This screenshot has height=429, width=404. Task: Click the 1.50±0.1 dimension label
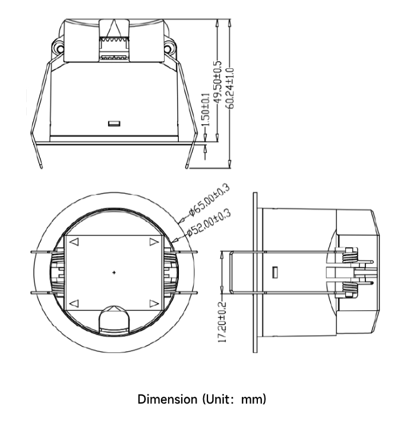coord(206,111)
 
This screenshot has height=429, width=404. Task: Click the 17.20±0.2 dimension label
coord(222,321)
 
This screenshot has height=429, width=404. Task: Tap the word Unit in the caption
coord(214,398)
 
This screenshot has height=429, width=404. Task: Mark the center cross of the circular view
coord(114,272)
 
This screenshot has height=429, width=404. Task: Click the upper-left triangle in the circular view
coord(75,242)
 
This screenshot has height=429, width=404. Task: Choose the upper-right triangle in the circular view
coord(154,242)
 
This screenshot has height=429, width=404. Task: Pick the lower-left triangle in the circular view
coord(75,304)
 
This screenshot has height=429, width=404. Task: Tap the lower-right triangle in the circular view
coord(154,304)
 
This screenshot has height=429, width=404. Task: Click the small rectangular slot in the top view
coord(114,124)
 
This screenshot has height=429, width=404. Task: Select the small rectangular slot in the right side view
coord(275,272)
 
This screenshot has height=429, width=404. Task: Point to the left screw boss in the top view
coord(57,46)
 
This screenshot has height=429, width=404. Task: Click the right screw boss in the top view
coord(169,46)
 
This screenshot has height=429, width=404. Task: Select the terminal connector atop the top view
coord(114,39)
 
